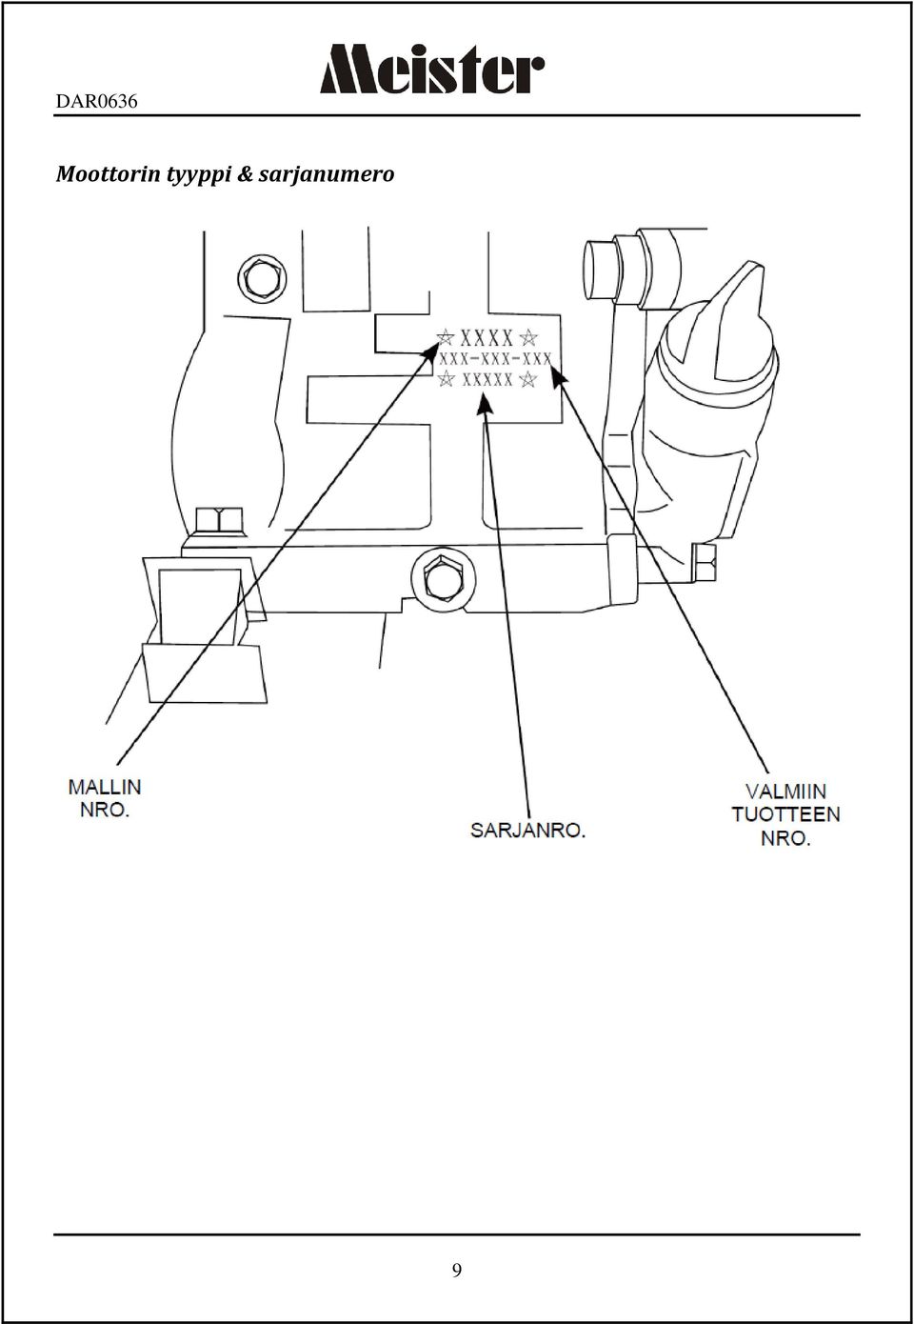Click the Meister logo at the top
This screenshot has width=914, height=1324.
[x=432, y=69]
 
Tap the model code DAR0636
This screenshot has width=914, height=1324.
[x=96, y=102]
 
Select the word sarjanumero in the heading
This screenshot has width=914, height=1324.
[x=327, y=175]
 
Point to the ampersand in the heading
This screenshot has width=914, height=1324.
[x=244, y=175]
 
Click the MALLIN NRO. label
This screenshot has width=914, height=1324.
[x=105, y=798]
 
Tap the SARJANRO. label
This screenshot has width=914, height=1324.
[x=527, y=831]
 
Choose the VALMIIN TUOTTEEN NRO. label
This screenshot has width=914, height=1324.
[x=785, y=814]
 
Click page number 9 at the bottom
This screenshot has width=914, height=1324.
[x=457, y=1270]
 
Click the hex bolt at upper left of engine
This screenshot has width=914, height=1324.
[x=263, y=280]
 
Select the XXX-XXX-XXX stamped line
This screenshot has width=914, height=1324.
[x=495, y=358]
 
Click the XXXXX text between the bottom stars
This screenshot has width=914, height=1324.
[x=487, y=379]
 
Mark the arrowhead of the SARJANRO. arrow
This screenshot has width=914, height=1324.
[x=484, y=404]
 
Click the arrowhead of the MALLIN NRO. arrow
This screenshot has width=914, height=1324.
[x=429, y=352]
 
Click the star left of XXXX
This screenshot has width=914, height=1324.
[x=446, y=337]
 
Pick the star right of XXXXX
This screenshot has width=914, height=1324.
[x=527, y=379]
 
